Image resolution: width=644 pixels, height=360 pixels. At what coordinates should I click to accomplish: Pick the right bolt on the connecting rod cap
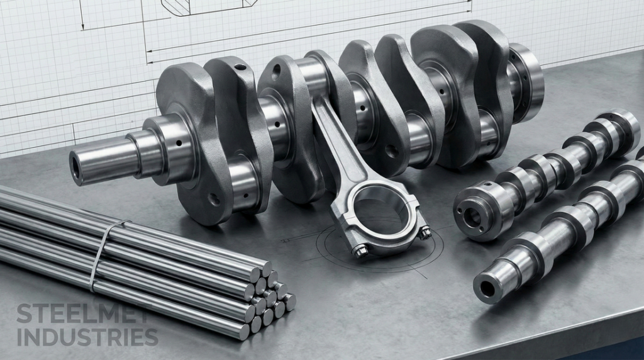click(425, 233)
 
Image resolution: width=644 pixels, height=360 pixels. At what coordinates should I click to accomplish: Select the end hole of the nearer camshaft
click(488, 289)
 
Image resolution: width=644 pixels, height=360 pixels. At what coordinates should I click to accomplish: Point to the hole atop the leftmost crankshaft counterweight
click(240, 66)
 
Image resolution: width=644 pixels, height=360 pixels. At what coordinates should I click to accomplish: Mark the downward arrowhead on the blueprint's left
click(82, 26)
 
